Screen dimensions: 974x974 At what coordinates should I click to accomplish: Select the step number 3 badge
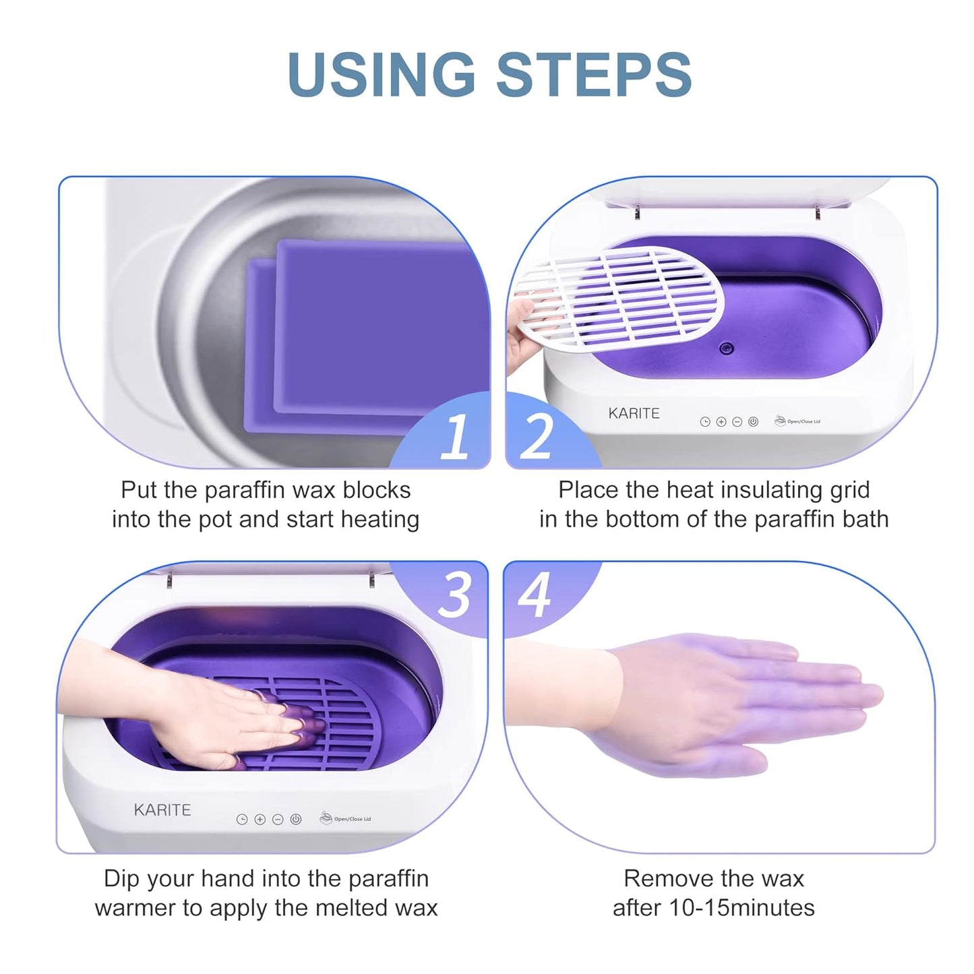pyautogui.click(x=454, y=595)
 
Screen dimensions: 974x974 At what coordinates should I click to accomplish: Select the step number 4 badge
pyautogui.click(x=535, y=595)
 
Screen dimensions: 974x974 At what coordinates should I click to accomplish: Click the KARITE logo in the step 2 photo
pyautogui.click(x=634, y=413)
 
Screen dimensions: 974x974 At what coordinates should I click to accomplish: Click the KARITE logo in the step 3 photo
pyautogui.click(x=162, y=810)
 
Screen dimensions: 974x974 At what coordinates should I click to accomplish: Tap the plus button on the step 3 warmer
pyautogui.click(x=260, y=819)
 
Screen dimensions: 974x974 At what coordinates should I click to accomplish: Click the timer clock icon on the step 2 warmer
pyautogui.click(x=705, y=422)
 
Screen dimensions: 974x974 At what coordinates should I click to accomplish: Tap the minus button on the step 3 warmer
pyautogui.click(x=278, y=819)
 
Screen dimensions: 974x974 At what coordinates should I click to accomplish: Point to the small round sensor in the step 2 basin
pyautogui.click(x=725, y=348)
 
